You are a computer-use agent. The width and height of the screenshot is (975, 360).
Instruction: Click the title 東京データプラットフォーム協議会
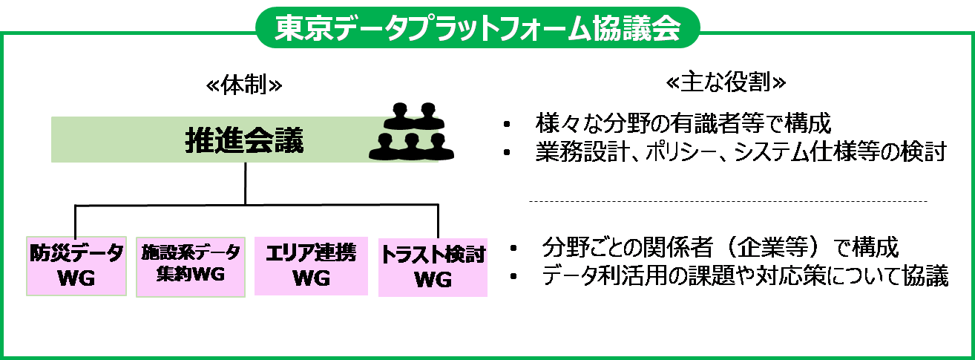point(477,28)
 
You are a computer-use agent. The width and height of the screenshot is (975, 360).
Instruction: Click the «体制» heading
point(244,85)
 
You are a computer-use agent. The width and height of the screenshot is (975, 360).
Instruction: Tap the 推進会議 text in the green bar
point(244,140)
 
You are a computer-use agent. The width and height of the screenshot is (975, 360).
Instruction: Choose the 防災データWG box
point(76,266)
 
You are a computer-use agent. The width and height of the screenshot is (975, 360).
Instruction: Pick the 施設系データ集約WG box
point(191,265)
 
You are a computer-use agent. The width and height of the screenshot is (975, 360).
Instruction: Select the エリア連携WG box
point(310,266)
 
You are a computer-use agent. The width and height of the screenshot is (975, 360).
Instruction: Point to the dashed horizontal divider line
point(727,201)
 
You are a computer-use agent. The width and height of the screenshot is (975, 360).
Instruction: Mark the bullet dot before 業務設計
point(507,154)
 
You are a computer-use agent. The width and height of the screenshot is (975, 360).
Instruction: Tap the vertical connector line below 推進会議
point(245,183)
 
